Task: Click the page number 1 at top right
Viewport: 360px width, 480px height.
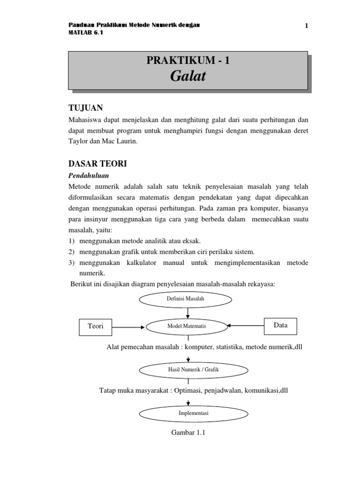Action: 307,26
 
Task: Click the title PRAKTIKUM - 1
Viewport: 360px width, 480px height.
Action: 188,60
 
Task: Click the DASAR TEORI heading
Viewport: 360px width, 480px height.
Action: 96,165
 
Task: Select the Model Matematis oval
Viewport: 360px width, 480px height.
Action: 187,326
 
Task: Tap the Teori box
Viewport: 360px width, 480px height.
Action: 96,326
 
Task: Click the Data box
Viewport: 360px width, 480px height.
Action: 281,324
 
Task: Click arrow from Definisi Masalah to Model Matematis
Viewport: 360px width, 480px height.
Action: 187,312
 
